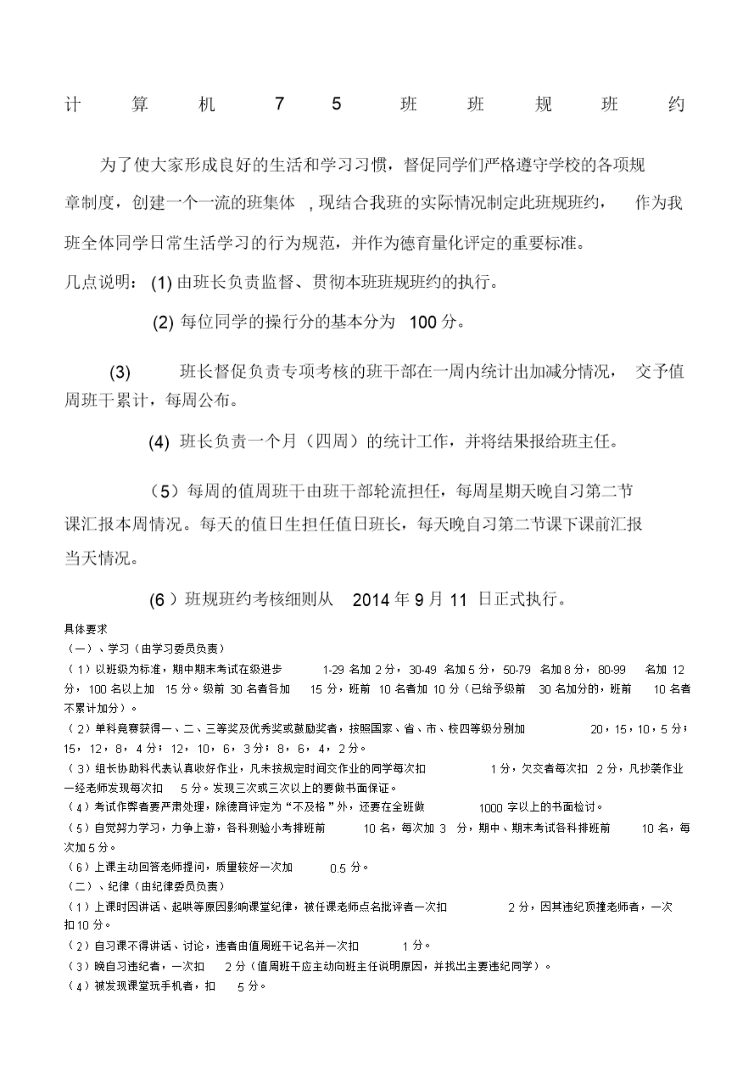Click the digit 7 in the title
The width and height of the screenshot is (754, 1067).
279,104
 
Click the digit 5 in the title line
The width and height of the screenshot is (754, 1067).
337,104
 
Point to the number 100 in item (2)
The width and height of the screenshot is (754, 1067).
423,322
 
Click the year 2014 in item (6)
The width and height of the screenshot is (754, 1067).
370,600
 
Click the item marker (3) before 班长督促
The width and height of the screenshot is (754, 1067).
120,372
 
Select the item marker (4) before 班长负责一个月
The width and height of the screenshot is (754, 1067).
159,442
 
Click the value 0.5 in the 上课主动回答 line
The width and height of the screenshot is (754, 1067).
338,868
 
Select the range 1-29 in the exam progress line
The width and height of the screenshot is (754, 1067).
333,670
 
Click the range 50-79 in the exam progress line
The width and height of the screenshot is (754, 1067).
517,670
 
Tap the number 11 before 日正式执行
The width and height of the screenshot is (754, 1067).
458,600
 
